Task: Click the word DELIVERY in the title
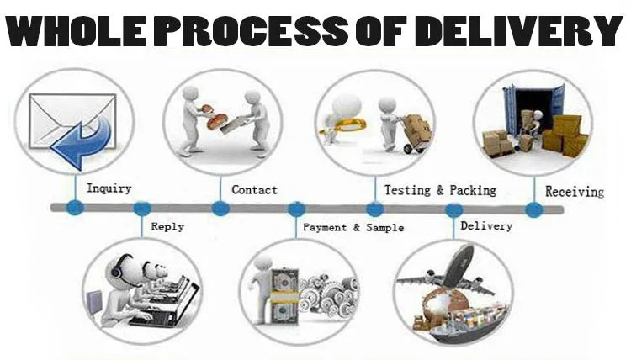pos(519,30)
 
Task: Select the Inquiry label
pos(109,188)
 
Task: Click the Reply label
pos(167,227)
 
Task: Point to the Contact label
pos(254,190)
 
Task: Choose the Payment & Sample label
pos(353,228)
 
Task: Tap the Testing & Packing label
pos(440,190)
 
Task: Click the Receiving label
pos(575,192)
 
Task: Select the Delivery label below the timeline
pos(486,226)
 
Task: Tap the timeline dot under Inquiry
pos(75,208)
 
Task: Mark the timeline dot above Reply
pos(141,209)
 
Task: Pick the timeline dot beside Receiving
pos(534,209)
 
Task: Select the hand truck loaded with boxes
pos(416,134)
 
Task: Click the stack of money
pos(285,296)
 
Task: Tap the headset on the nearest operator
pos(117,267)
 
